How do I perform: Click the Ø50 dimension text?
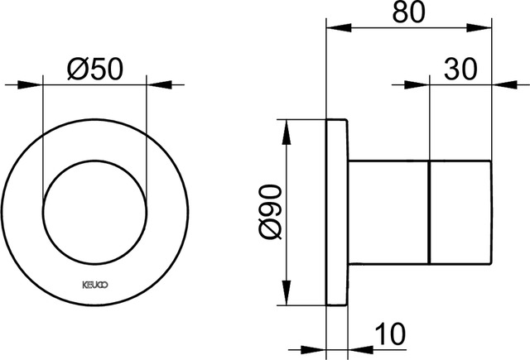pyautogui.click(x=94, y=69)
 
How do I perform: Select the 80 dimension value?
pyautogui.click(x=412, y=14)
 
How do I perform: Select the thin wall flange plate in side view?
pyautogui.click(x=336, y=214)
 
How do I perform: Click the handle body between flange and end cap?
pyautogui.click(x=388, y=214)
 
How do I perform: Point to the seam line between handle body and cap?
pyautogui.click(x=431, y=214)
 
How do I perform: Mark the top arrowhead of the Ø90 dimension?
pyautogui.click(x=287, y=128)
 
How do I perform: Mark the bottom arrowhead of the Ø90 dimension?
pyautogui.click(x=287, y=299)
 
